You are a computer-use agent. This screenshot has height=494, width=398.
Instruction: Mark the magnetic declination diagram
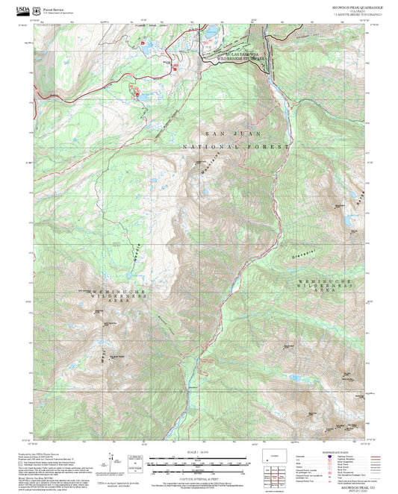(111, 459)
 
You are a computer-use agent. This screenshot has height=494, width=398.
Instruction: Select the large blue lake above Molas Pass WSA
(211, 33)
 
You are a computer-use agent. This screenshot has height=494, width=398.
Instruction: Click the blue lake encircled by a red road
(140, 94)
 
